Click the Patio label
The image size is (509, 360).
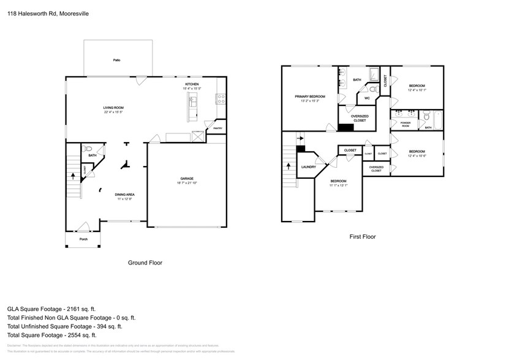click(x=116, y=60)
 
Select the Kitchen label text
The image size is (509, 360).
click(x=192, y=84)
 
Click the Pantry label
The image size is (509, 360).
click(x=217, y=128)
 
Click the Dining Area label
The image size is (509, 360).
click(x=124, y=195)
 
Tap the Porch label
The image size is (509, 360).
click(x=83, y=239)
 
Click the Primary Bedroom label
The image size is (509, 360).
click(x=309, y=96)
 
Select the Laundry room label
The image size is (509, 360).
click(x=309, y=167)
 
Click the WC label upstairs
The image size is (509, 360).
click(x=367, y=98)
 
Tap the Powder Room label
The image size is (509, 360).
click(x=405, y=124)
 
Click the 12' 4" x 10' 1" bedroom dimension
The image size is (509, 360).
click(x=417, y=91)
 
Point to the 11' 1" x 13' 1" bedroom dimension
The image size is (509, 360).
click(x=338, y=186)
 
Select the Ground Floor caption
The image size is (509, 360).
click(x=145, y=263)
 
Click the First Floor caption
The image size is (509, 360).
click(x=361, y=236)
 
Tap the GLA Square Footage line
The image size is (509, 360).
click(x=51, y=309)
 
